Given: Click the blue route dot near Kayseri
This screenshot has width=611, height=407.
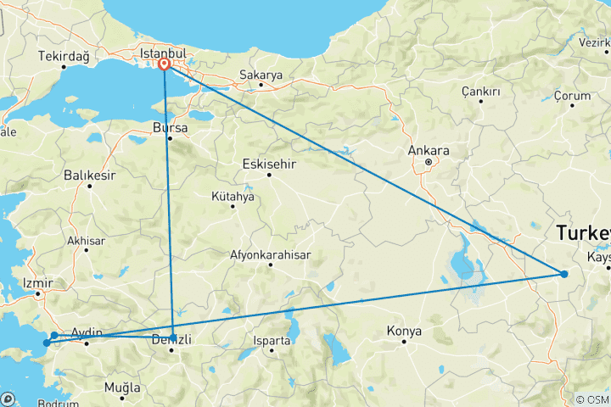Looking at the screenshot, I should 563,273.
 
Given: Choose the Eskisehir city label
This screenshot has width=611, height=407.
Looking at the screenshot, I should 268,164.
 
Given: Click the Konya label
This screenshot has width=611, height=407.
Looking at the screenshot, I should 403,330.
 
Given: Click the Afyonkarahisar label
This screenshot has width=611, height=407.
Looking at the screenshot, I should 271,254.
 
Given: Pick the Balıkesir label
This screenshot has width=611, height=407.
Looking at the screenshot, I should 88,176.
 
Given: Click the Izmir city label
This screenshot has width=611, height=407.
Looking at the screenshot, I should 39,282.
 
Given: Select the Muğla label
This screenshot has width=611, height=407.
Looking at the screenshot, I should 121,387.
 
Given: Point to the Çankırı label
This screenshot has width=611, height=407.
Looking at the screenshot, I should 480,91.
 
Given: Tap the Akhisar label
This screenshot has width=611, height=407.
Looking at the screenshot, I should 87,241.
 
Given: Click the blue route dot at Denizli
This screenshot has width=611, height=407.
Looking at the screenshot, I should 173,337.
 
